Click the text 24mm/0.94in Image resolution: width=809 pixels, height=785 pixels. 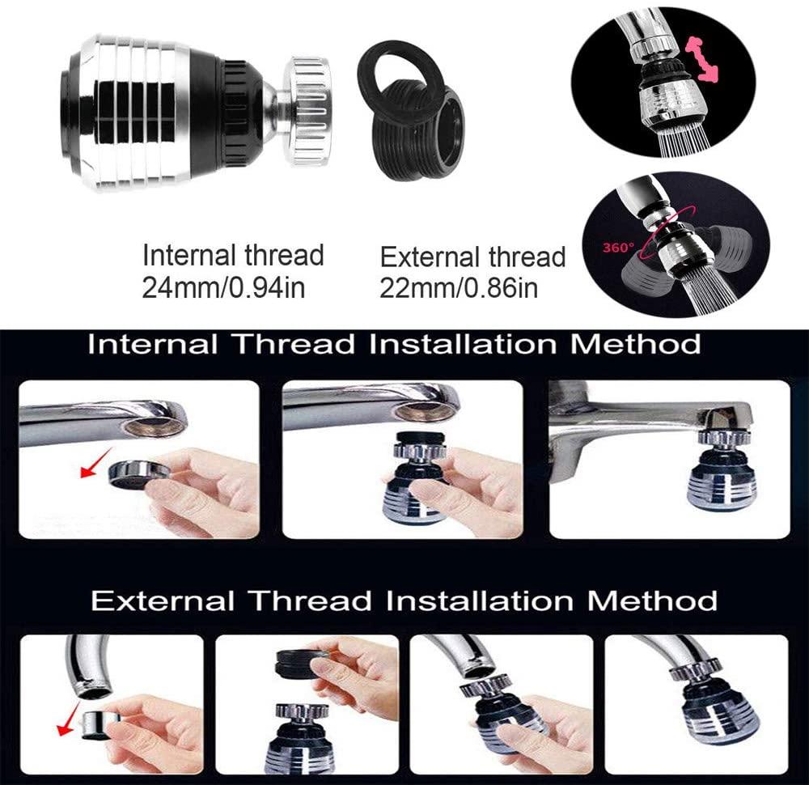click(x=223, y=288)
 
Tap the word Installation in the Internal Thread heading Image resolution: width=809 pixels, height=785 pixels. click(x=463, y=344)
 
